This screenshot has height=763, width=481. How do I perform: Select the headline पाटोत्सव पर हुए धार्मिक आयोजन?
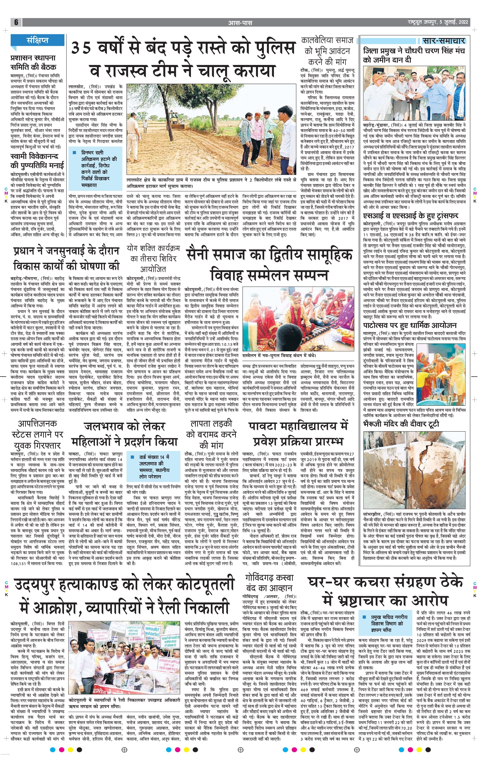click(x=410, y=325)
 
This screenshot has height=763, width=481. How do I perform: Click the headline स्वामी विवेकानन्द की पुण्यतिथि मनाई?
click(x=37, y=160)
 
